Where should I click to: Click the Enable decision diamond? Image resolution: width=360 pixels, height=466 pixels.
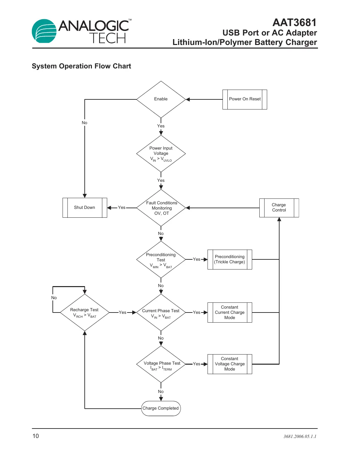pos(161,99)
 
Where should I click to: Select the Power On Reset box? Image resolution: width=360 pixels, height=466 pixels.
pos(245,99)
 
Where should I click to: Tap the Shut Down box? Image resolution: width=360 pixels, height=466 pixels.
pos(85,208)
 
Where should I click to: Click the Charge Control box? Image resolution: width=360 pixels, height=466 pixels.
pos(279,208)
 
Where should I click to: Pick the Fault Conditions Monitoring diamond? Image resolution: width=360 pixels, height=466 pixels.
pos(161,208)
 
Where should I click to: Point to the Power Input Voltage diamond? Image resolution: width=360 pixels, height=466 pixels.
pos(161,153)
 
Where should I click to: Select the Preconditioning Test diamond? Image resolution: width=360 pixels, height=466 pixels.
pos(161,260)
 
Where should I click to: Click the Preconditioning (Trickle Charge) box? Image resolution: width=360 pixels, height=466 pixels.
pos(230,259)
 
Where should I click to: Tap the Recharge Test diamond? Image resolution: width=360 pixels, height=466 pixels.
pos(85,313)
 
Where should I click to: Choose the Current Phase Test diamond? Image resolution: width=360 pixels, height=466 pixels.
pos(161,313)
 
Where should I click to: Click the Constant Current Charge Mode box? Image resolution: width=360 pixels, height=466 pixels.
pos(230,313)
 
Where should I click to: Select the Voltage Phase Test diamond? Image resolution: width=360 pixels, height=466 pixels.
pos(161,364)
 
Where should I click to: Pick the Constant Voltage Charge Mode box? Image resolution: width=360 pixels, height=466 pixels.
pos(230,364)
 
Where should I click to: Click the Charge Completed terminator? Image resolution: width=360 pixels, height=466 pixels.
pos(161,408)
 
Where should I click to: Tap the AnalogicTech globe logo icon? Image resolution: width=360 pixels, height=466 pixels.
pos(44,31)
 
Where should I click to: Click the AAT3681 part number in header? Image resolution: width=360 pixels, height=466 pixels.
pos(294,22)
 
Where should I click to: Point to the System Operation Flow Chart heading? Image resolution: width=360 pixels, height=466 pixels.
pos(81,66)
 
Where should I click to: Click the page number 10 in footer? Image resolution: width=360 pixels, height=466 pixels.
pos(36,436)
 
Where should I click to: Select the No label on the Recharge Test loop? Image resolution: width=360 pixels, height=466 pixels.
pos(54,298)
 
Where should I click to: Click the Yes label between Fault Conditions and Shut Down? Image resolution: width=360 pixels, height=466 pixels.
pos(122,208)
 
